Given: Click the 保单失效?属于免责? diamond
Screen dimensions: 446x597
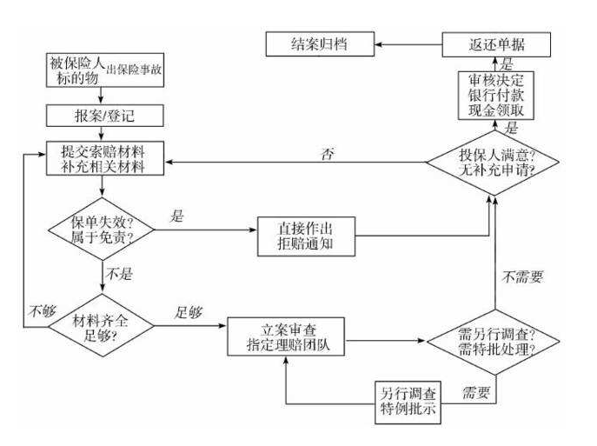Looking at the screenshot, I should (x=102, y=230).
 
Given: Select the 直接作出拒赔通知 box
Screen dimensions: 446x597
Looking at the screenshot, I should (x=306, y=235).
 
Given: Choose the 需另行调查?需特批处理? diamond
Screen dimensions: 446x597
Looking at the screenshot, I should (x=495, y=341).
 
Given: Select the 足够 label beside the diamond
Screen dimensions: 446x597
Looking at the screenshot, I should (x=189, y=311).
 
